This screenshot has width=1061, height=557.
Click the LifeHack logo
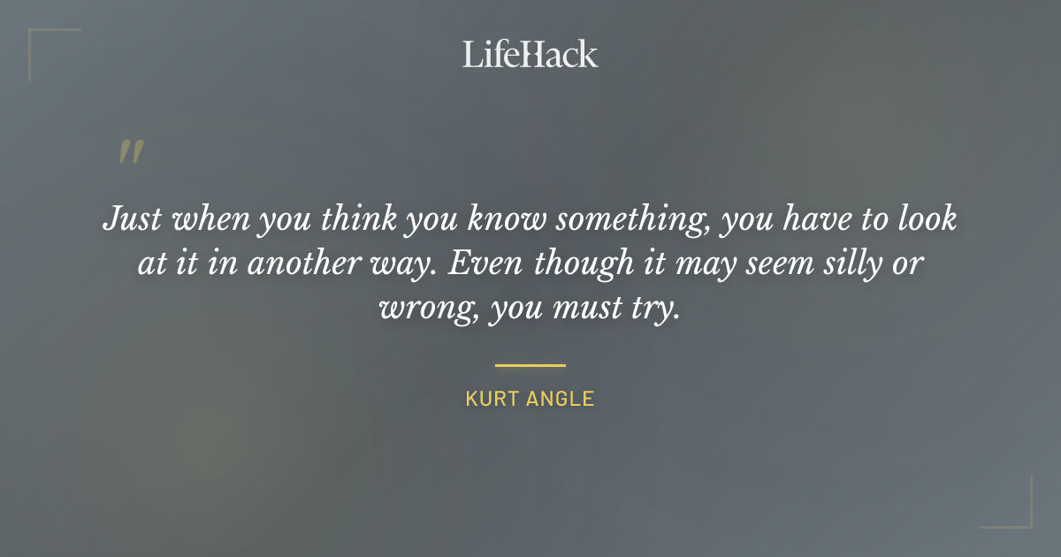(x=530, y=54)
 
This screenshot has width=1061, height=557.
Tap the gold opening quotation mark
(x=131, y=153)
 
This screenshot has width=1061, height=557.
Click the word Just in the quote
(x=131, y=218)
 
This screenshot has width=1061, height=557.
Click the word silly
(x=850, y=264)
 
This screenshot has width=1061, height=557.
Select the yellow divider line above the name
(x=530, y=364)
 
